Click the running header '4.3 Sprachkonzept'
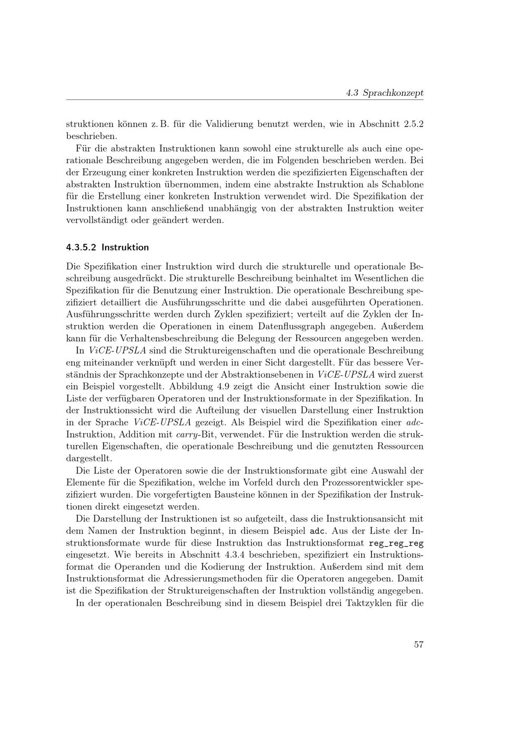pos(385,93)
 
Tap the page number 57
pos(418,645)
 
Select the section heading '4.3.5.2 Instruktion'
pos(107,247)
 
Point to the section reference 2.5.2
pos(413,124)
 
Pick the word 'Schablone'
pos(399,184)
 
